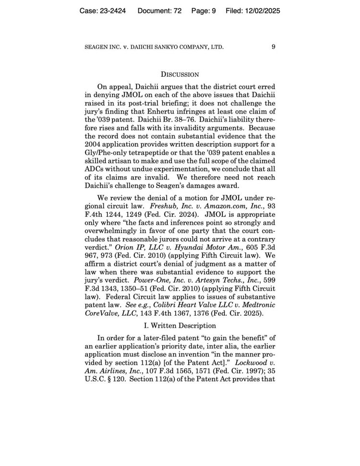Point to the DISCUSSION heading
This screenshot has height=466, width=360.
pyautogui.click(x=180, y=74)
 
